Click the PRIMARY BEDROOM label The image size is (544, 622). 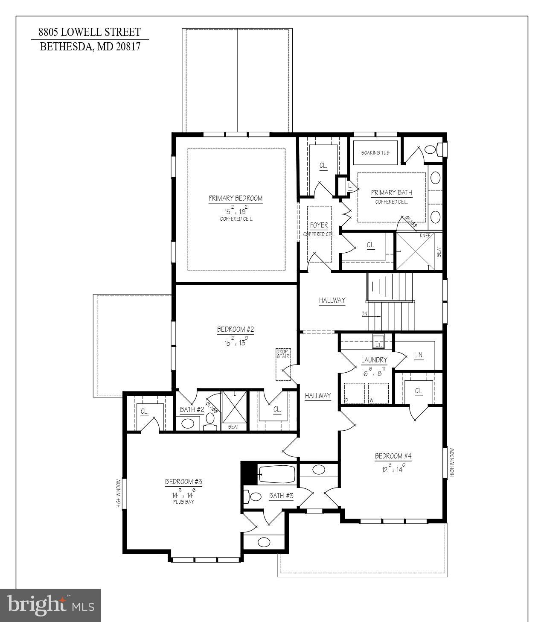click(x=235, y=198)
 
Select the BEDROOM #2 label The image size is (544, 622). click(x=236, y=329)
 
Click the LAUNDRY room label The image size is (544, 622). click(x=374, y=360)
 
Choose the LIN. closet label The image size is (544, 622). click(x=419, y=355)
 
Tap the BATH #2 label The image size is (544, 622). click(x=192, y=409)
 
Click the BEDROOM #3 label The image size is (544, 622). click(x=183, y=482)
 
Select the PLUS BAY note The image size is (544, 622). click(x=183, y=502)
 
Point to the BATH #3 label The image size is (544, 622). click(x=281, y=496)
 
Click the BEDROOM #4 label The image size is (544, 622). click(x=393, y=456)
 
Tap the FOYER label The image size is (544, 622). click(x=319, y=225)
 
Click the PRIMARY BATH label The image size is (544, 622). click(x=392, y=193)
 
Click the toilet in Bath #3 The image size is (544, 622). click(x=254, y=496)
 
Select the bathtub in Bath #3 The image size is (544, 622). click(x=277, y=474)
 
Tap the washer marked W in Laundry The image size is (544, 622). click(x=378, y=393)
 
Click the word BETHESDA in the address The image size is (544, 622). click(x=66, y=47)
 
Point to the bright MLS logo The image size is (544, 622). click(x=50, y=605)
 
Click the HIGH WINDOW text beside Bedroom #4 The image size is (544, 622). click(x=452, y=462)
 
